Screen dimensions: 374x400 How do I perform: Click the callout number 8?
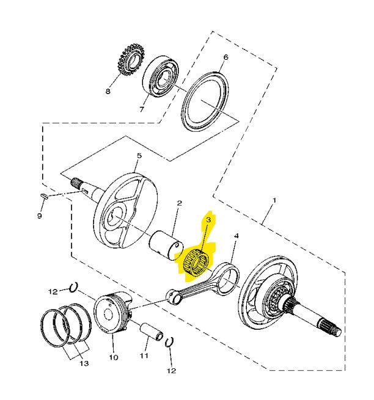click(x=108, y=91)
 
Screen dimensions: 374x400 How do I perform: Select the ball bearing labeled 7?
click(x=160, y=76)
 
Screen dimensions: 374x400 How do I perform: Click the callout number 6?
click(x=226, y=57)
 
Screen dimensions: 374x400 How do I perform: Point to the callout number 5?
click(x=139, y=155)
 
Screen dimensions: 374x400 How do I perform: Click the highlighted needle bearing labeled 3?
click(x=196, y=262)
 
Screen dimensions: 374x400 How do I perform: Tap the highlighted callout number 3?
click(x=208, y=220)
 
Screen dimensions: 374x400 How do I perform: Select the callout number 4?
click(x=237, y=236)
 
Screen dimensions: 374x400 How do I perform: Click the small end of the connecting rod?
click(x=173, y=296)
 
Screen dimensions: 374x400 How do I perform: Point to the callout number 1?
click(x=274, y=200)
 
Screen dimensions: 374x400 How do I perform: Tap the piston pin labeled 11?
click(x=152, y=332)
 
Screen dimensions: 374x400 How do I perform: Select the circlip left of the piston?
click(x=73, y=288)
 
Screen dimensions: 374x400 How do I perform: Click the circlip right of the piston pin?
click(x=169, y=342)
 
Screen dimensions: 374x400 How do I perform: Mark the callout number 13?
click(x=84, y=363)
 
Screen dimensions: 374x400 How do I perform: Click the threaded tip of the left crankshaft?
click(x=76, y=182)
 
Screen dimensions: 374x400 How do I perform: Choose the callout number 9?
click(x=39, y=216)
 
